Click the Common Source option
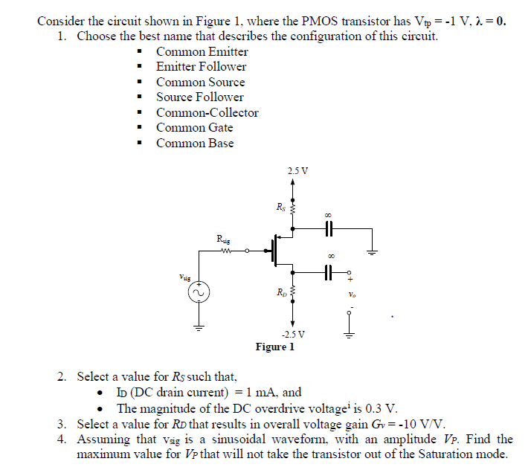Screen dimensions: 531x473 pos(200,82)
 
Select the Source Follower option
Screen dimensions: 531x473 pos(199,97)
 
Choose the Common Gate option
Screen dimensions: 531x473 pos(194,128)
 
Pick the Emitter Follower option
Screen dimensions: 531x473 pos(201,67)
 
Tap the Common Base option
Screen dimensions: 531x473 pos(194,144)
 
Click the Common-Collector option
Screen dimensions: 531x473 pos(207,113)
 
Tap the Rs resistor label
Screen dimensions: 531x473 pos(280,207)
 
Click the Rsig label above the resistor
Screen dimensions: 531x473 pos(223,239)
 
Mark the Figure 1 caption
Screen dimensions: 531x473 pos(274,347)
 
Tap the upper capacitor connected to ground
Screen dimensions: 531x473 pos(327,228)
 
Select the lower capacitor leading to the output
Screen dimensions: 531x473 pos(327,273)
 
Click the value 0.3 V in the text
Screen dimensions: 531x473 pos(382,408)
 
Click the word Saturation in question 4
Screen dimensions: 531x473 pos(439,454)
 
